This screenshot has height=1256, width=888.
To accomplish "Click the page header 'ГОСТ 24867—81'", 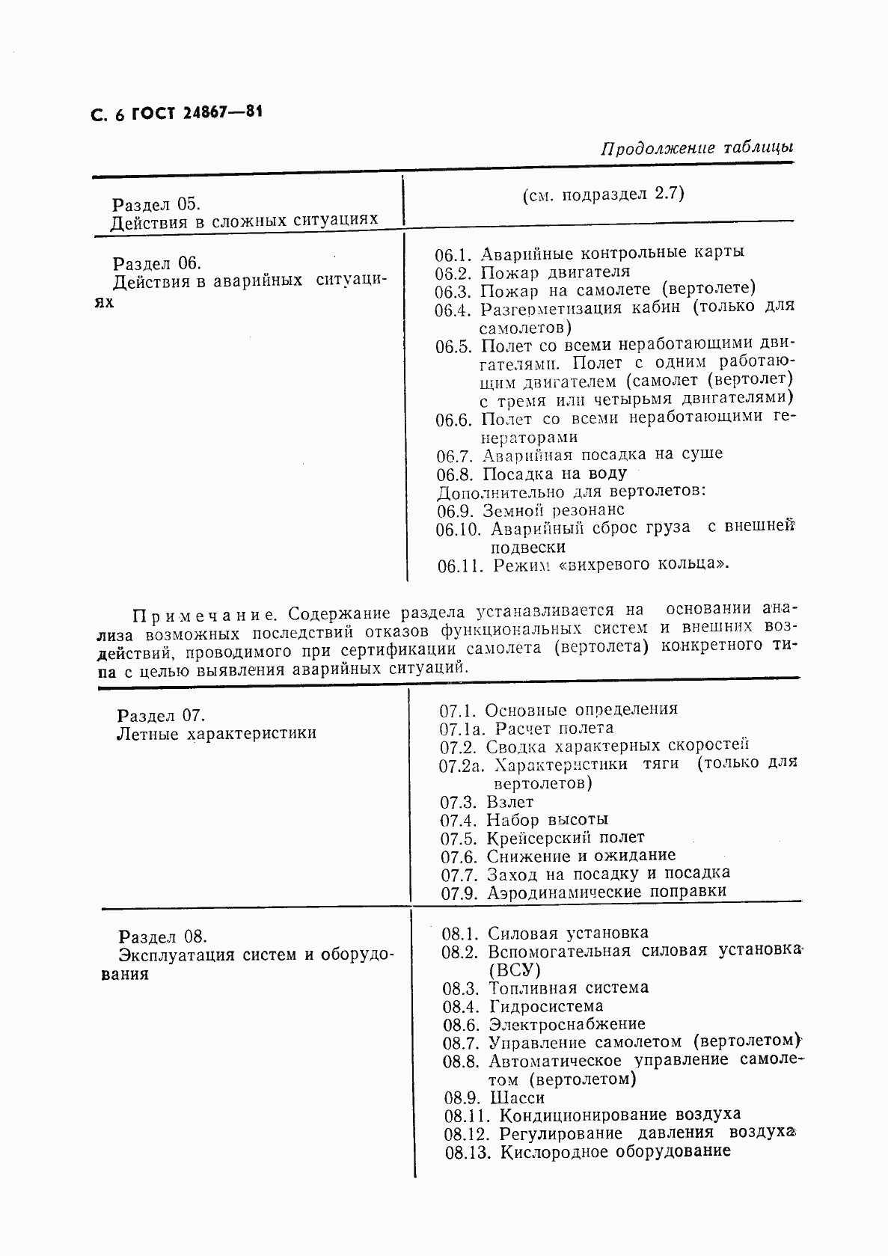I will pos(197,113).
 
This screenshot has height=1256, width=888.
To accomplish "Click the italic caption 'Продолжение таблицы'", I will pos(696,148).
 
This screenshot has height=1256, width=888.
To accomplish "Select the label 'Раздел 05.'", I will pos(156,204).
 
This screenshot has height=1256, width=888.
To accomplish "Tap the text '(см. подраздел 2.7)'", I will pos(603,194).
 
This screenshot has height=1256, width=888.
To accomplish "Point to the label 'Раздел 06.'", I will pos(157,263).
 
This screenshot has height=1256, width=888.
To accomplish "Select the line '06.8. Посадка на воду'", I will pos(532,474).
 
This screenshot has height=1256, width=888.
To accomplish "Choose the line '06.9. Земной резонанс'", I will pos(530,510).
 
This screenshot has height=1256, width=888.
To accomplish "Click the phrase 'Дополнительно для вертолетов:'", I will pos(572,491).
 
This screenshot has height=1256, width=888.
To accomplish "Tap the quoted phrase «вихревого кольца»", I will pos(655,564).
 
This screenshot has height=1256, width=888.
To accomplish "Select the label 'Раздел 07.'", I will pos(161,714).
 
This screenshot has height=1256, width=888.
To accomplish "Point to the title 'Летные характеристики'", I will pos(217,733).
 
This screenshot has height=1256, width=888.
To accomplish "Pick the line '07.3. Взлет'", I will pos(487,802).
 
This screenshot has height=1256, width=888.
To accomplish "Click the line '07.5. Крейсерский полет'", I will pos(542,838).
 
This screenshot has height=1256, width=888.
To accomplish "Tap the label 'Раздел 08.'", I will pos(162,937).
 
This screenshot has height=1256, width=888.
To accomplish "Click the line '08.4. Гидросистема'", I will pos(523,1006).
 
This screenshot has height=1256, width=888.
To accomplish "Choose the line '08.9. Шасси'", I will pos(494,1097).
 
